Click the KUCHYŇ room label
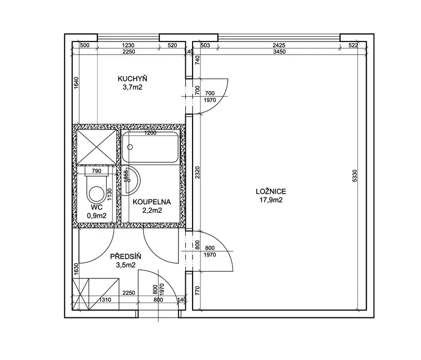(x=133, y=78)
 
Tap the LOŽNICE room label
(x=271, y=192)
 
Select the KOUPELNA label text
(x=152, y=202)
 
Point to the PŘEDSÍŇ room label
(x=126, y=256)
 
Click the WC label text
(x=97, y=207)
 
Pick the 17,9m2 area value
(x=271, y=200)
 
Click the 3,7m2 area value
(x=133, y=87)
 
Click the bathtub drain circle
(x=130, y=147)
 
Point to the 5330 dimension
(x=355, y=176)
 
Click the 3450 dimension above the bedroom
(x=279, y=52)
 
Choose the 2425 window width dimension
(x=279, y=45)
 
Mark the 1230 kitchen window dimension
(x=128, y=45)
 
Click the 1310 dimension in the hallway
(x=105, y=299)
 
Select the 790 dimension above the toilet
(x=97, y=171)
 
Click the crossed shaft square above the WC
(x=97, y=146)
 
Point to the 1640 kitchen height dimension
(x=76, y=83)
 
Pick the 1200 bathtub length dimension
(x=151, y=133)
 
